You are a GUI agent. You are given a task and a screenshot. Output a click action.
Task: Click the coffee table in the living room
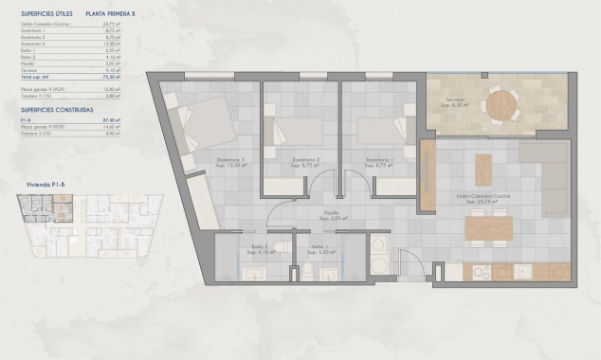click(x=483, y=169)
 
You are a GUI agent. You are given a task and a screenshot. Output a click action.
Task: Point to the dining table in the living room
click(x=488, y=228)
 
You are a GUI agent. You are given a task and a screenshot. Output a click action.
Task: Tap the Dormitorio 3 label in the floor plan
click(x=230, y=160)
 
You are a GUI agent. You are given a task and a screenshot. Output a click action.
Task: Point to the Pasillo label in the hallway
click(x=331, y=214)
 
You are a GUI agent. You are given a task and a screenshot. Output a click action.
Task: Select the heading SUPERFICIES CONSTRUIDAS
click(x=57, y=110)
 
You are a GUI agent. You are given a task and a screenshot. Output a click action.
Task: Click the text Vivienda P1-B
click(x=40, y=187)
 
